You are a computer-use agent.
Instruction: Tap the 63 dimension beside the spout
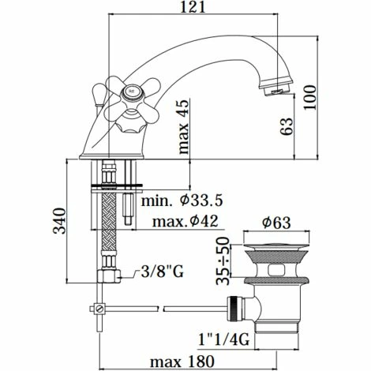289,124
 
